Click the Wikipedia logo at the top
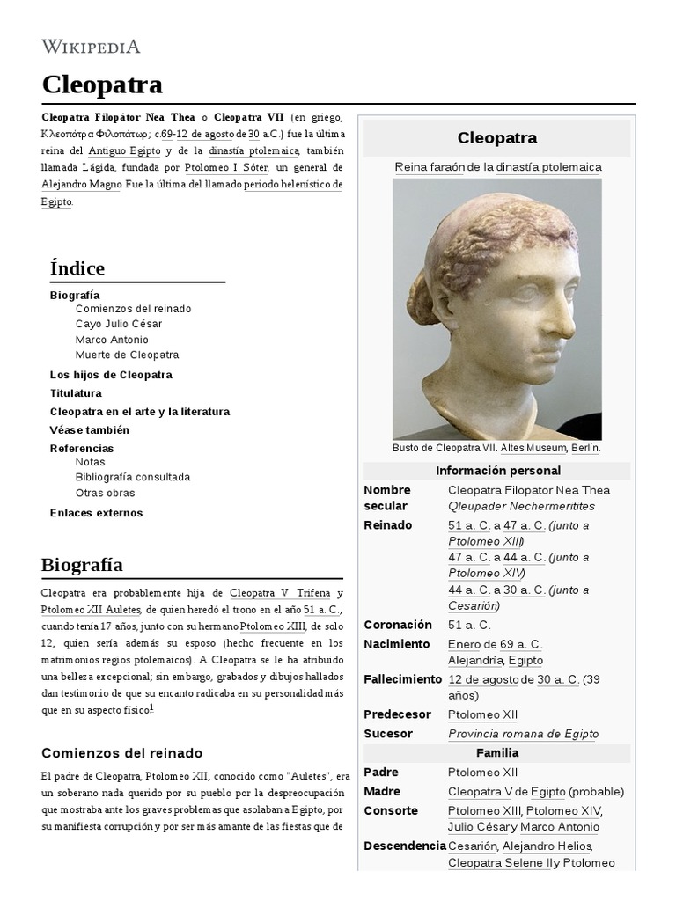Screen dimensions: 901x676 click(91, 47)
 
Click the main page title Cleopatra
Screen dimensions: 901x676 click(102, 84)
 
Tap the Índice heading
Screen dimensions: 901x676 click(77, 268)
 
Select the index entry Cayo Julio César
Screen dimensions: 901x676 click(119, 324)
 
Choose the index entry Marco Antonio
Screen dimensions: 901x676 click(112, 340)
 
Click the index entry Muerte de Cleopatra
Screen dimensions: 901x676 click(127, 355)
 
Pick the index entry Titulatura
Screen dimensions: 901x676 click(76, 393)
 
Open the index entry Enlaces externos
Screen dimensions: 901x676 click(96, 513)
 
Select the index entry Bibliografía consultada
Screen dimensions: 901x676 click(133, 477)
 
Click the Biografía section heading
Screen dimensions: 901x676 click(82, 565)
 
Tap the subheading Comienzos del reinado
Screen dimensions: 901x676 click(121, 753)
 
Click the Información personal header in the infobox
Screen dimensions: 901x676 click(497, 471)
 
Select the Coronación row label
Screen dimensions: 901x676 click(398, 625)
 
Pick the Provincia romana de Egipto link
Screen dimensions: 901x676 click(523, 734)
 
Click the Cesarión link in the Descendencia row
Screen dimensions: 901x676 click(473, 846)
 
